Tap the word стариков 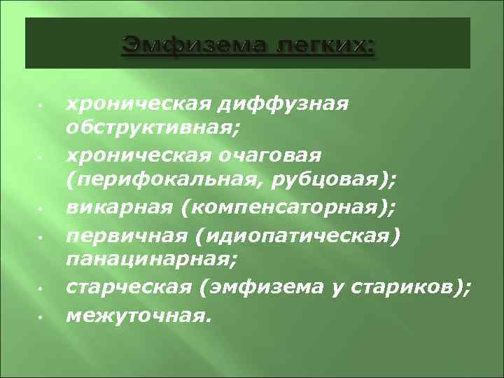409,288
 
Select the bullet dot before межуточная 41,316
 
